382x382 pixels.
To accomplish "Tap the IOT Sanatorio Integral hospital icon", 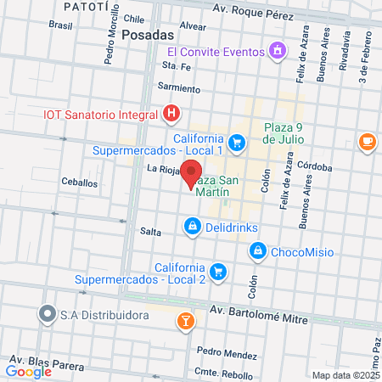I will click(x=172, y=113).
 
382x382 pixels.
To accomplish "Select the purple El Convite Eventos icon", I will click(x=277, y=51).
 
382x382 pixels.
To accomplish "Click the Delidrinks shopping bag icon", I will click(x=192, y=227).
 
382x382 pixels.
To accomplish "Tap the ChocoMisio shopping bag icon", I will click(x=257, y=251).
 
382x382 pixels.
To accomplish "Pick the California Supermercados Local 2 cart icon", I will click(x=219, y=272).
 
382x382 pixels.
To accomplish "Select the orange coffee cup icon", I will click(x=367, y=141).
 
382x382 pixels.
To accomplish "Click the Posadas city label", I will click(x=147, y=35).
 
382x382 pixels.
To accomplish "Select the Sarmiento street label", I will click(x=179, y=88).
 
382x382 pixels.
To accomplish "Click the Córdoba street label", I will click(x=315, y=167).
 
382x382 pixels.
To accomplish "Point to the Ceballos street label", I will click(x=79, y=183).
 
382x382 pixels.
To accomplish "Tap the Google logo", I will click(x=29, y=371).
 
